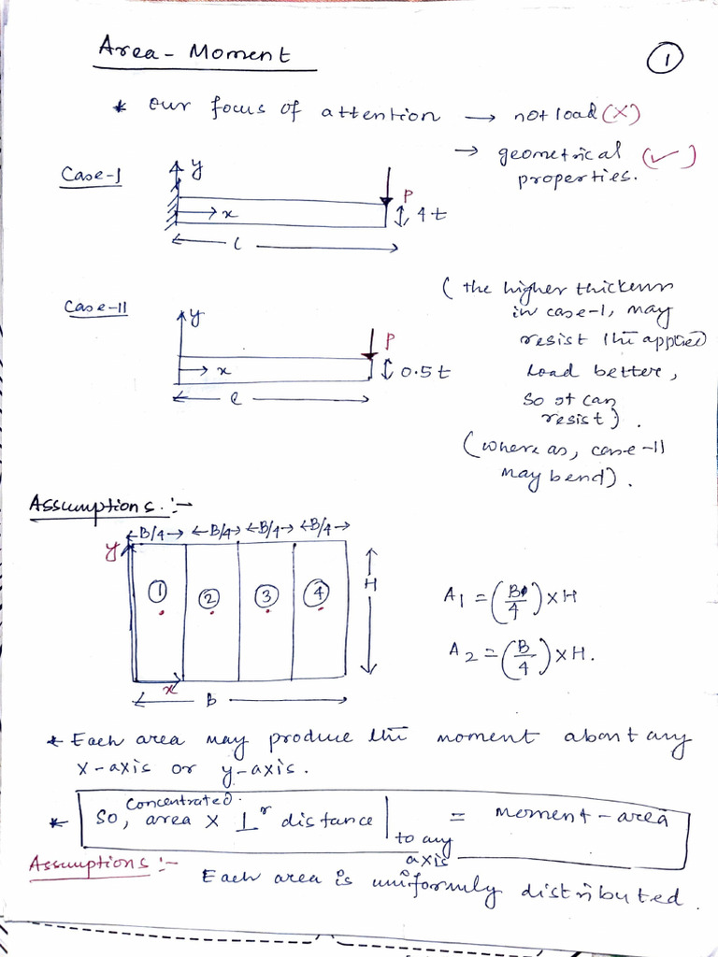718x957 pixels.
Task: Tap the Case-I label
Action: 94,175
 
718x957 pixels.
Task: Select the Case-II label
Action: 95,307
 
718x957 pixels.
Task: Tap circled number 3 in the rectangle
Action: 267,594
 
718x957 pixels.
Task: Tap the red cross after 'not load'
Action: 620,116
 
